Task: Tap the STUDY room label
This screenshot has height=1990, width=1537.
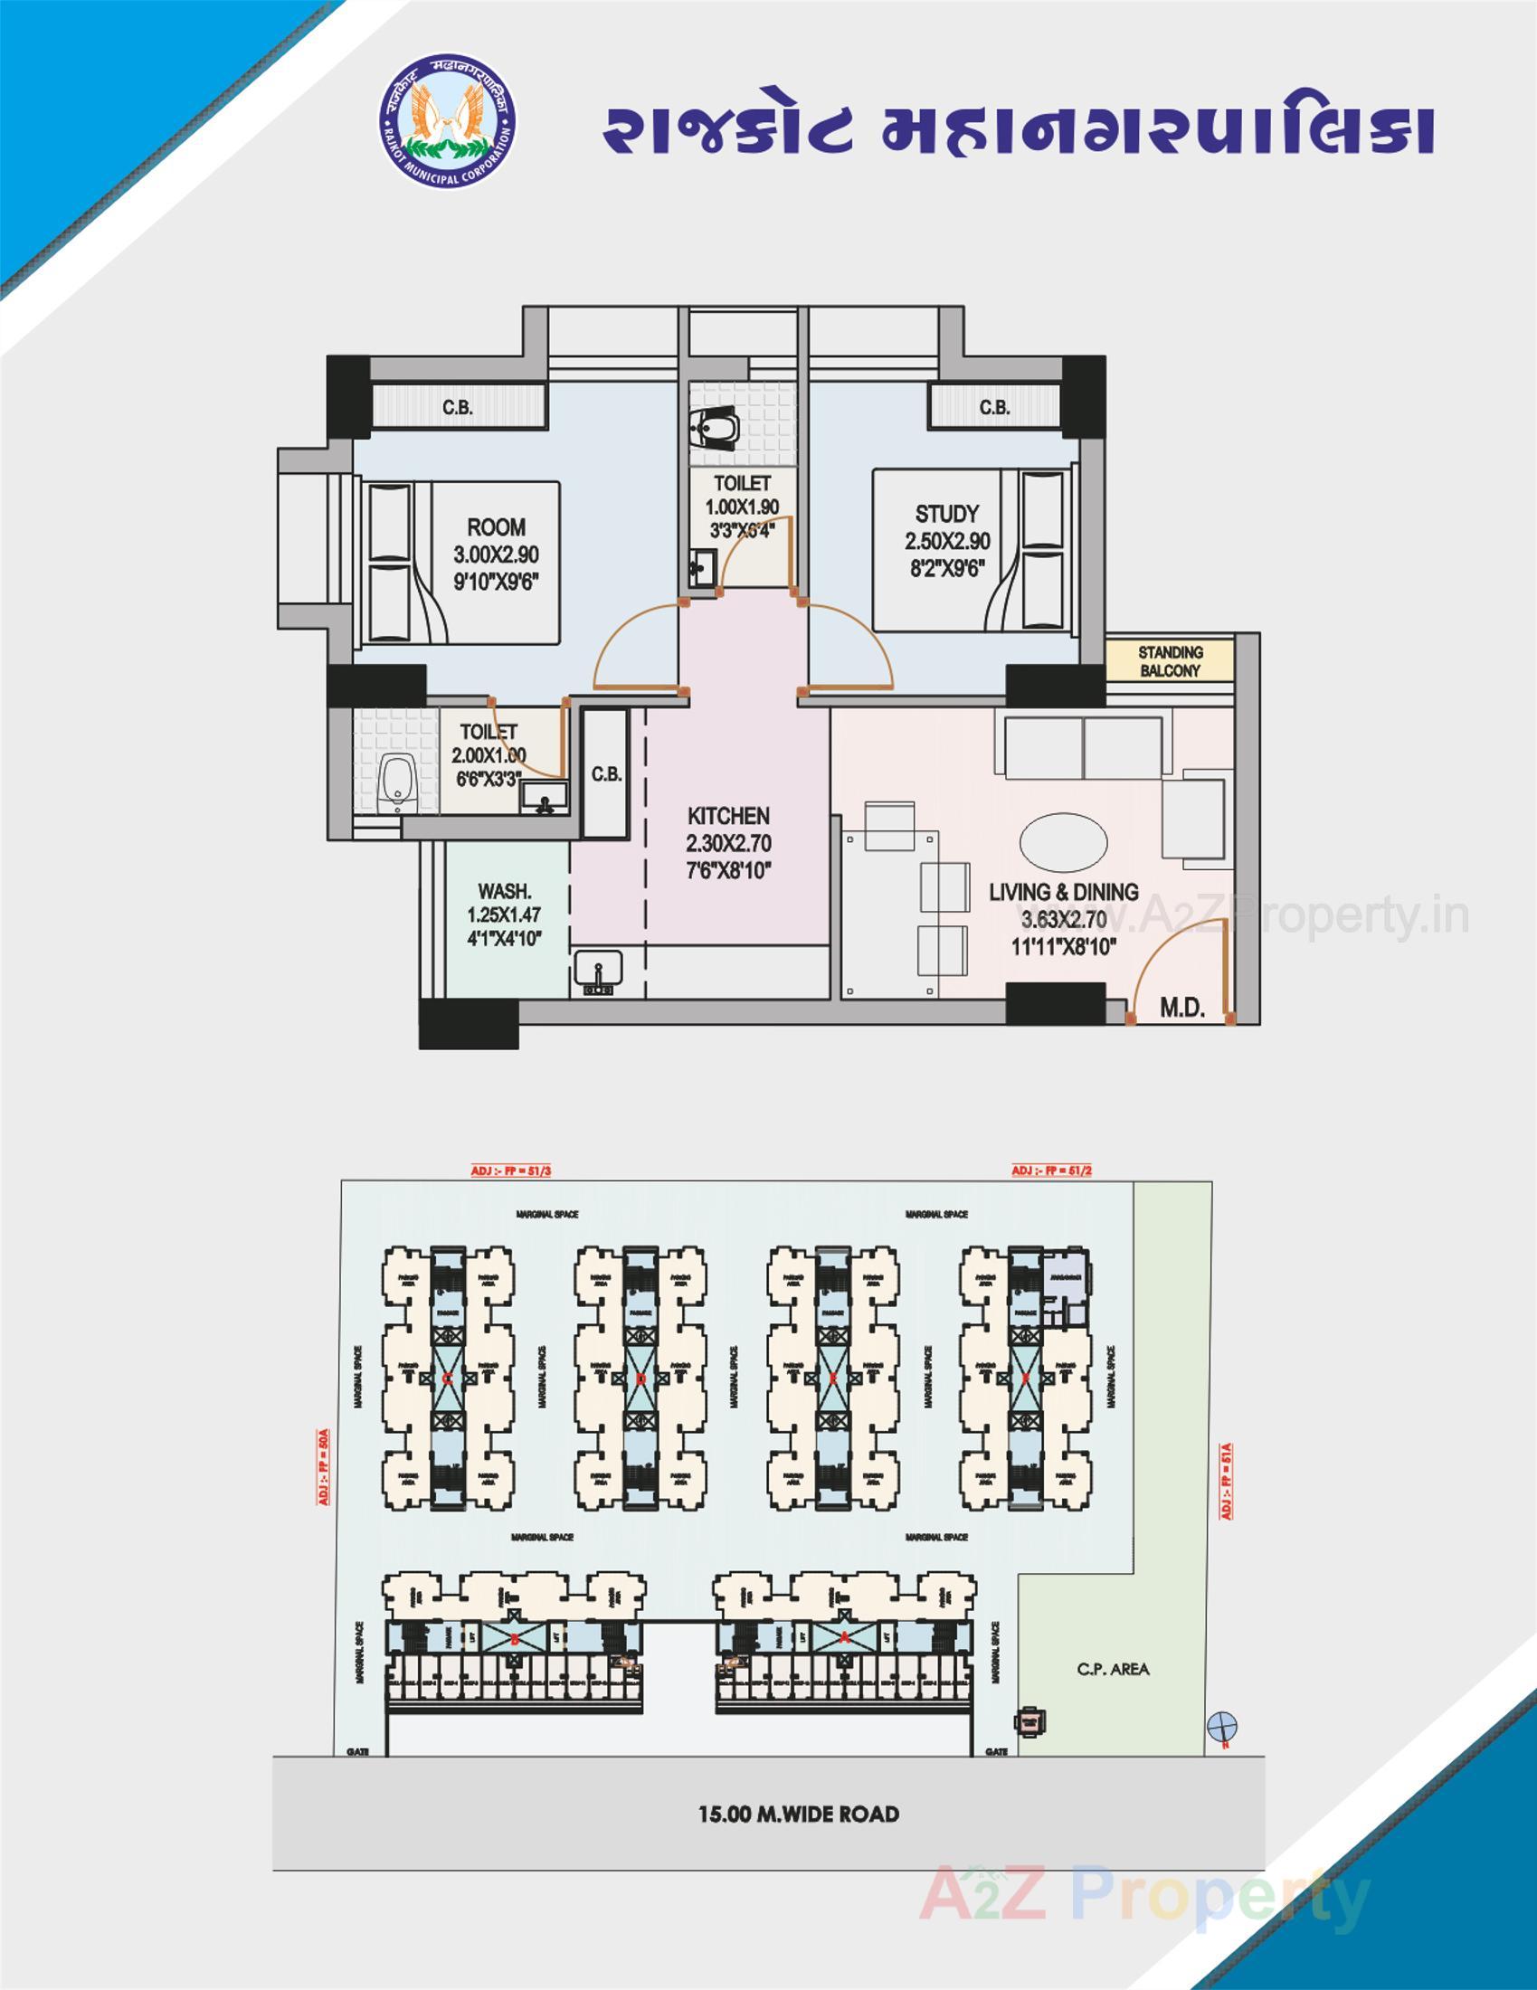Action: (x=946, y=514)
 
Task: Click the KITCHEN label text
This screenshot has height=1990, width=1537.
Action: (x=728, y=816)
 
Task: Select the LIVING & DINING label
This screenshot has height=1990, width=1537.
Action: (x=1063, y=892)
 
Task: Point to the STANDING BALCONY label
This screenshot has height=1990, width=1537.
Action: (x=1170, y=661)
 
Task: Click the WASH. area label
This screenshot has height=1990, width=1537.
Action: (x=504, y=892)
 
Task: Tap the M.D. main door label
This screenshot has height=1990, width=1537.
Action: (x=1181, y=1008)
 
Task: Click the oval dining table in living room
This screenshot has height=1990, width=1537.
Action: (x=1063, y=841)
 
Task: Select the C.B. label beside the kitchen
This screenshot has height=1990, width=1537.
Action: (x=606, y=774)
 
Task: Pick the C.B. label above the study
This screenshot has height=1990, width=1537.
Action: (x=994, y=407)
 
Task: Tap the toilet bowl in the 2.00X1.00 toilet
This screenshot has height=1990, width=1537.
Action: (x=394, y=783)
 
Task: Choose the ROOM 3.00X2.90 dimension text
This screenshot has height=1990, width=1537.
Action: (x=497, y=554)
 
